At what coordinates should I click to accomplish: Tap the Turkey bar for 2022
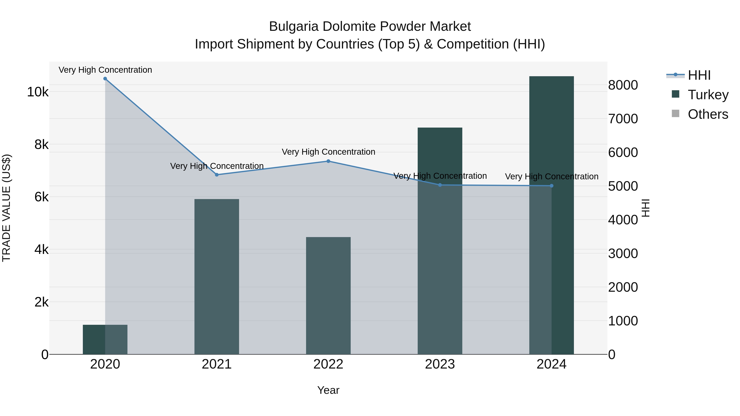328,296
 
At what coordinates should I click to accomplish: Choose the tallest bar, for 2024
551,215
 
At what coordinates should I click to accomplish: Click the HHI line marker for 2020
105,79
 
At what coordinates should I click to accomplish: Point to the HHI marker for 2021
217,175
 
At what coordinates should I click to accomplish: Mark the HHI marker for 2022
328,161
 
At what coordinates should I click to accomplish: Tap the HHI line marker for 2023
440,185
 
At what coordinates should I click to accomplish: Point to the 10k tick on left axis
38,92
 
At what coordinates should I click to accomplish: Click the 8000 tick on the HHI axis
623,85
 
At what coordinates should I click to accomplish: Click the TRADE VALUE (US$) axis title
6,208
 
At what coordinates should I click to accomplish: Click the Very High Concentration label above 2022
328,152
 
